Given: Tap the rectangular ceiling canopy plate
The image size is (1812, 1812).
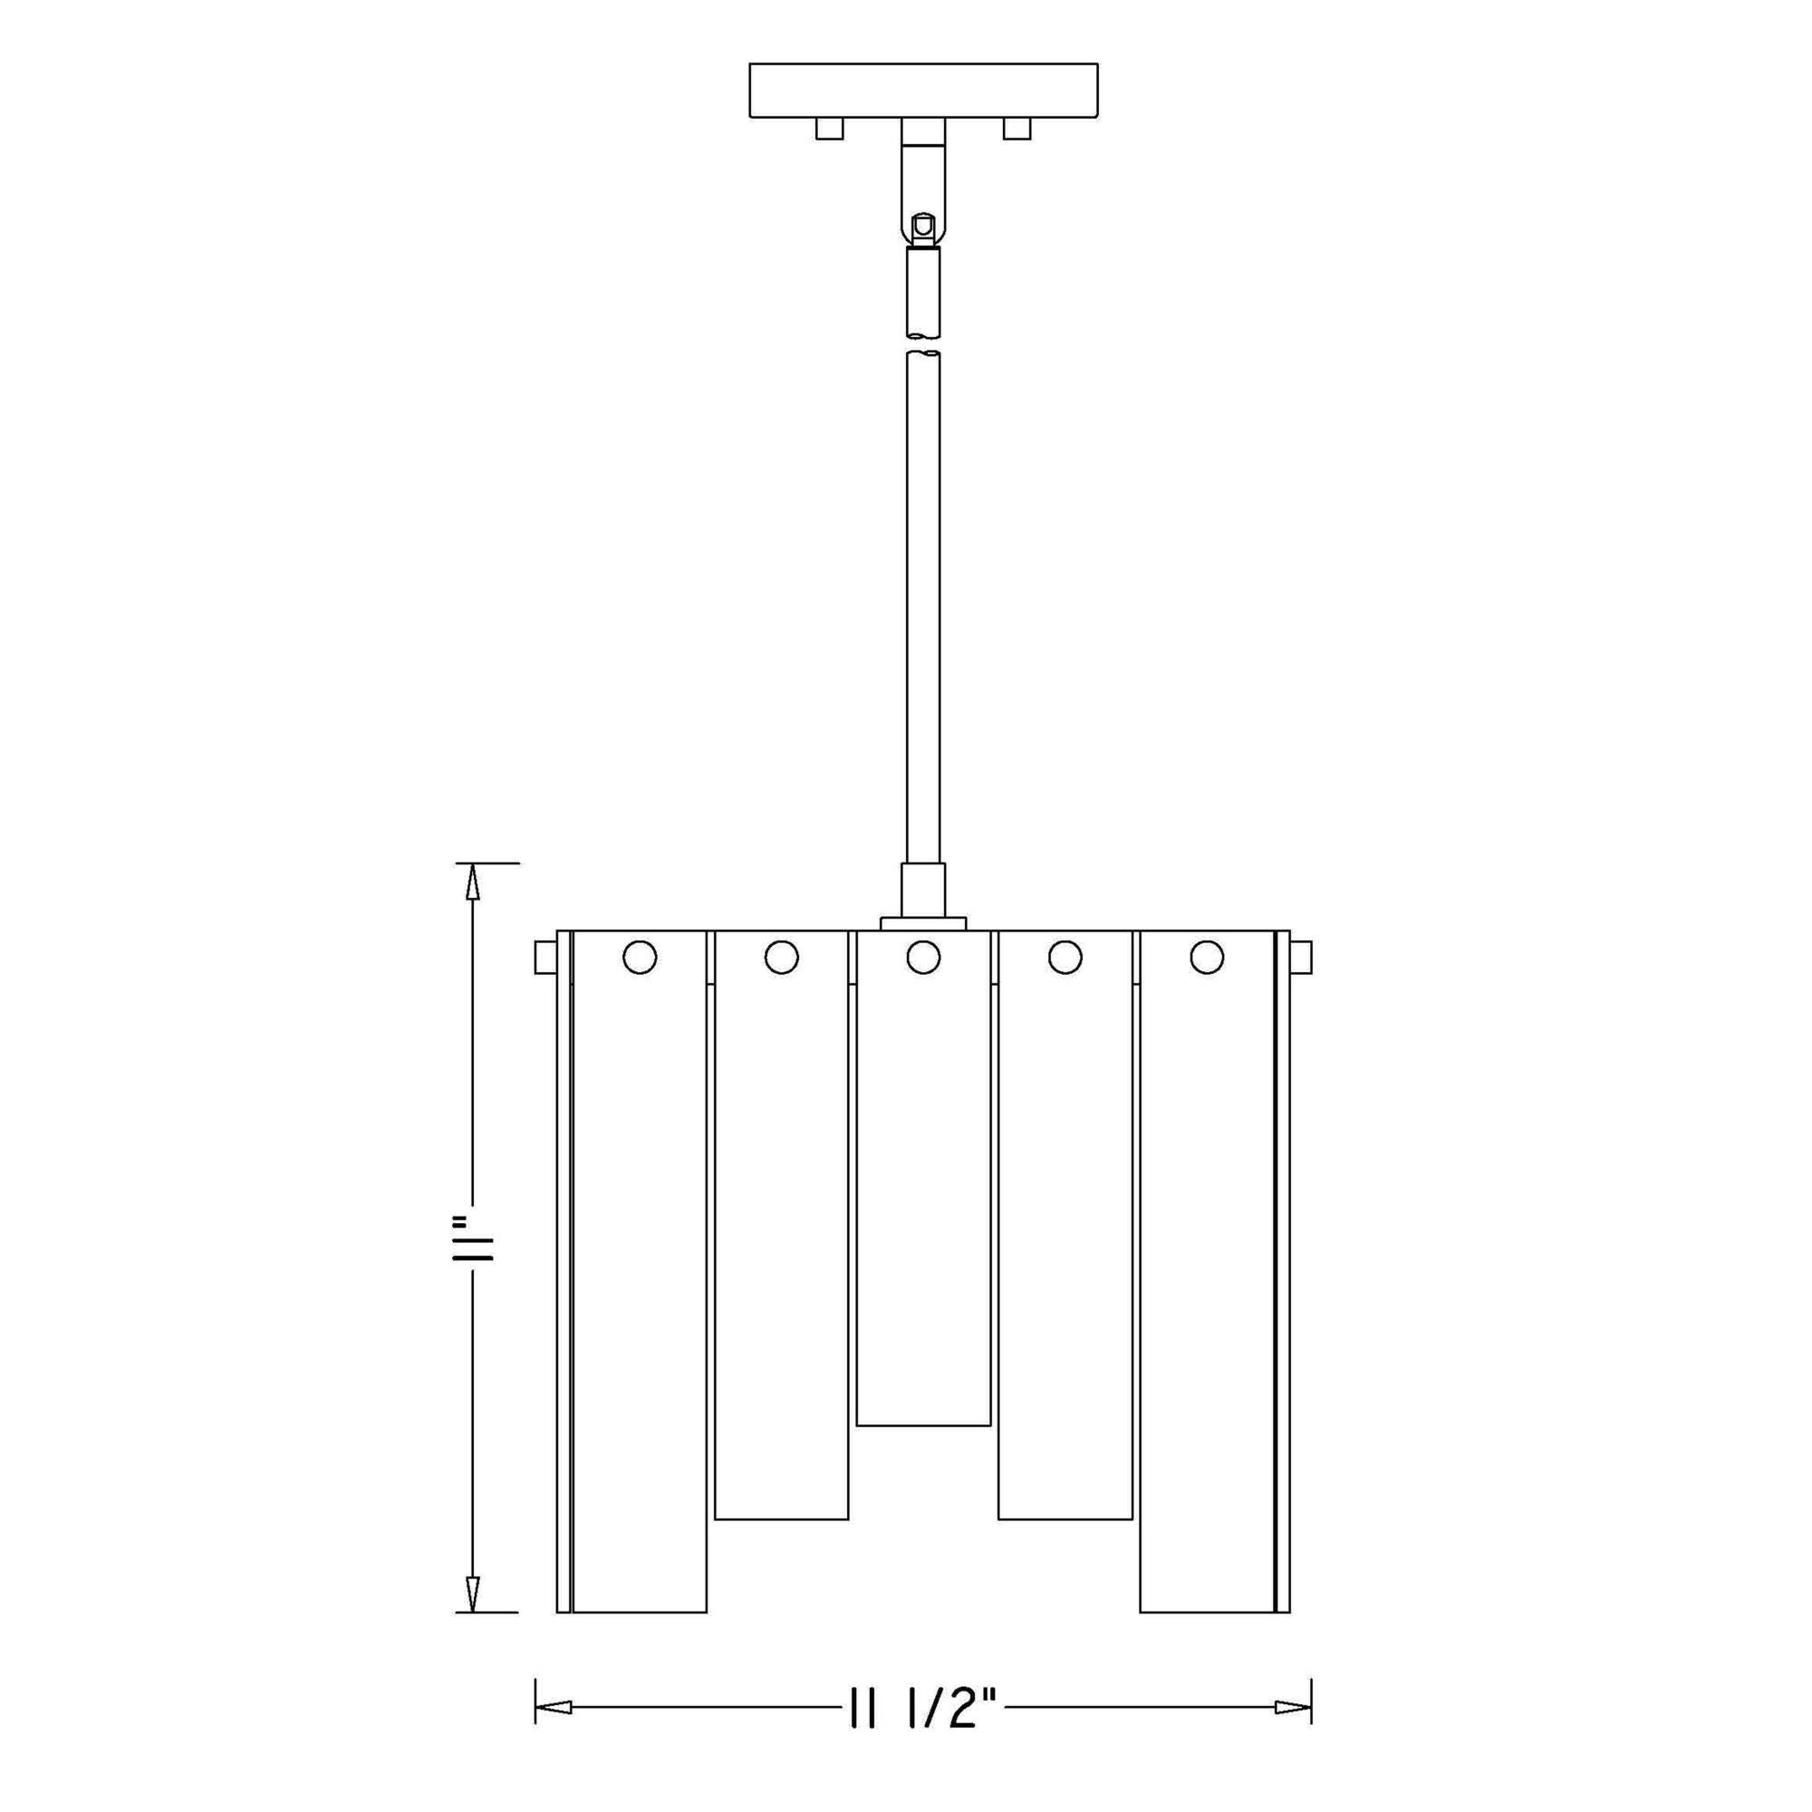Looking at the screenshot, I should pos(923,90).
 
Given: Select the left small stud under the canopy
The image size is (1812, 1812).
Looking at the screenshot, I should pos(830,129).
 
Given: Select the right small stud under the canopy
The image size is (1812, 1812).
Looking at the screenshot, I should pos(1017,129).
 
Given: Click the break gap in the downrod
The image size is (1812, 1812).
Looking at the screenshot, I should pos(923,344).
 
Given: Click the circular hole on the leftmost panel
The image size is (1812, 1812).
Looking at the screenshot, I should pos(640,958).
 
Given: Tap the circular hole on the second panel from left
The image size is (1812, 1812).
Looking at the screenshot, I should pos(781,958).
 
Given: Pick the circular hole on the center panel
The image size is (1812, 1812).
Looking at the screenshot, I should pos(924,958).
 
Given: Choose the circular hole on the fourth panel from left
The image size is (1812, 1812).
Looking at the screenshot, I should pos(1065,958).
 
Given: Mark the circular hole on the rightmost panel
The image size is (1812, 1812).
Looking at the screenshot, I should pos(1207,958).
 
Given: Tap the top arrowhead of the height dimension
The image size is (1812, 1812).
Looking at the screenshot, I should pos(473,882).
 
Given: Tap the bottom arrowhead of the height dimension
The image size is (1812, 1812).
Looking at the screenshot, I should pos(473,1593).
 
